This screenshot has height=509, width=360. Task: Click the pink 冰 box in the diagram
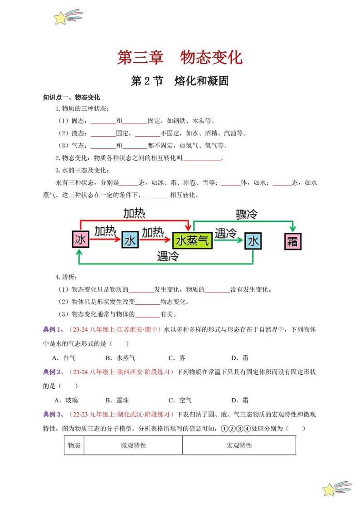[81, 240]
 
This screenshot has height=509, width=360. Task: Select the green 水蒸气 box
[193, 240]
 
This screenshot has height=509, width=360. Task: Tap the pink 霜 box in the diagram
[292, 240]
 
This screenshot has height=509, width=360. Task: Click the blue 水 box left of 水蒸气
[130, 240]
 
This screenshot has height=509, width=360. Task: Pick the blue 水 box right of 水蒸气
[253, 240]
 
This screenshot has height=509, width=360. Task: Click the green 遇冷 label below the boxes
[168, 256]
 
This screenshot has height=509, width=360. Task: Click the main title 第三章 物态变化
[180, 58]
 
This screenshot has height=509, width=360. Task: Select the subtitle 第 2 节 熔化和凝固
[180, 81]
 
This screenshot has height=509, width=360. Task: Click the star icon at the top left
[60, 18]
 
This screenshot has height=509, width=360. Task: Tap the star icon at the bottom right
[330, 489]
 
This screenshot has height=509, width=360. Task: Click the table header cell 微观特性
[133, 445]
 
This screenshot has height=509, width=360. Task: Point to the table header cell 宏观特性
[239, 445]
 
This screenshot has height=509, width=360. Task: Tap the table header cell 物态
[74, 445]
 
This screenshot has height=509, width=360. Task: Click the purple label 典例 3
[53, 414]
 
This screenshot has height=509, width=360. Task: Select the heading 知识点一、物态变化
[71, 97]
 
